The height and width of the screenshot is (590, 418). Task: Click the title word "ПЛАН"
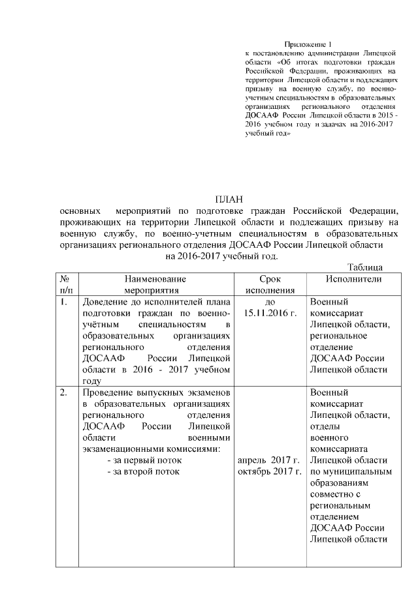click(228, 199)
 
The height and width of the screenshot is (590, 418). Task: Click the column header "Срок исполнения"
click(270, 284)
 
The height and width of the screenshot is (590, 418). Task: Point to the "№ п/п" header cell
click(65, 284)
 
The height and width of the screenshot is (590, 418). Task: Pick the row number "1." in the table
click(63, 303)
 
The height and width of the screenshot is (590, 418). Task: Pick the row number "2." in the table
click(63, 393)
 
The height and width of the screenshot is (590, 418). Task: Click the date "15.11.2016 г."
click(270, 314)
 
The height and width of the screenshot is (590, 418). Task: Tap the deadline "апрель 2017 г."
click(270, 460)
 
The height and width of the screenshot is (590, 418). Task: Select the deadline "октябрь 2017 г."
click(270, 471)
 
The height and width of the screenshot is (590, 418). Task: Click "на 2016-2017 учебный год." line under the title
click(227, 256)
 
